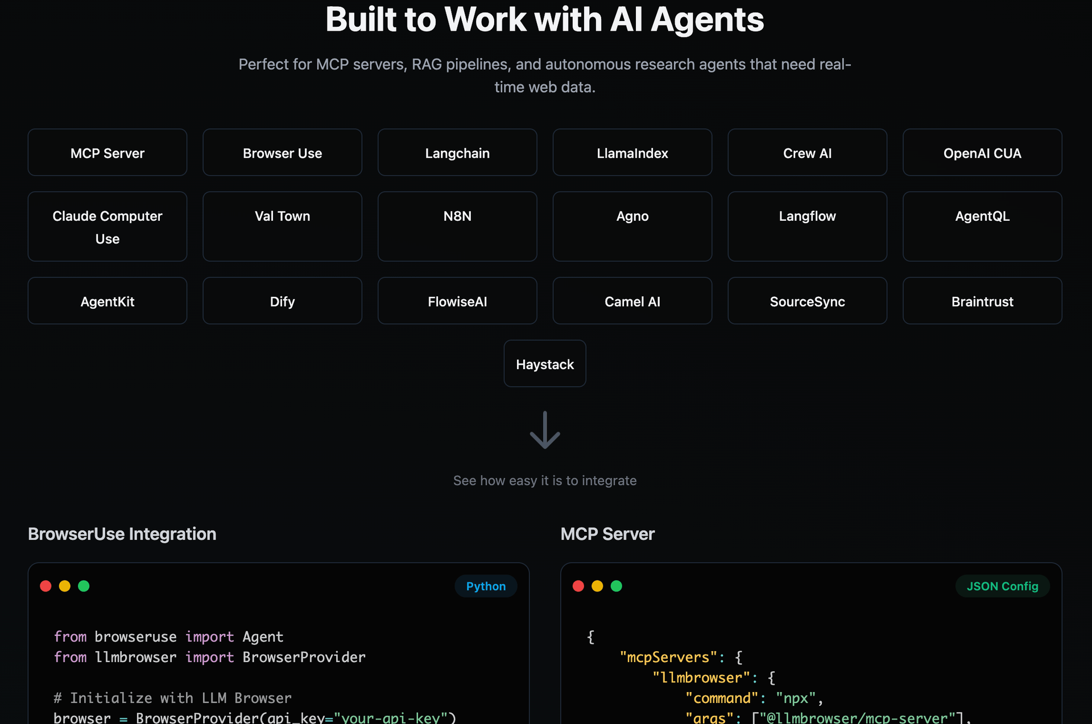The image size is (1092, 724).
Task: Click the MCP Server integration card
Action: (107, 152)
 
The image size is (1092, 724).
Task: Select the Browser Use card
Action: (282, 152)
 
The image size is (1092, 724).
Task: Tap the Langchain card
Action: (457, 152)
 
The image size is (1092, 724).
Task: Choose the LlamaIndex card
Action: (632, 152)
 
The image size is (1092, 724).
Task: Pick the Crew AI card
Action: (807, 152)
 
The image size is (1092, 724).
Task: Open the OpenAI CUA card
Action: (982, 152)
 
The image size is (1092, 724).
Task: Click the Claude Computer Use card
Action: (107, 226)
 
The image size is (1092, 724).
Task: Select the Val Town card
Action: (282, 226)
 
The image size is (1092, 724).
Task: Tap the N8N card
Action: (457, 226)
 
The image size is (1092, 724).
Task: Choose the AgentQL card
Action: (982, 226)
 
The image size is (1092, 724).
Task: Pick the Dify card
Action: (282, 301)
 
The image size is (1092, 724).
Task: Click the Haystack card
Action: (545, 364)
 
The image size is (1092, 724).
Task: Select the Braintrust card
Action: (982, 301)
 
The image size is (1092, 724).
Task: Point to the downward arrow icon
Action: (545, 431)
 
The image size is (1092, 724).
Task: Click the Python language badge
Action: (486, 586)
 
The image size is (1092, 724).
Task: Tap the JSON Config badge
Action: (1002, 586)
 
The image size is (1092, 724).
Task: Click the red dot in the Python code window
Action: (46, 586)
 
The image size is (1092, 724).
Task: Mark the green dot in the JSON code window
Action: (617, 586)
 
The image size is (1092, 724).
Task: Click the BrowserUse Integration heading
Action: (122, 534)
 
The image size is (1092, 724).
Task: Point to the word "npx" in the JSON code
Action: (796, 698)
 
